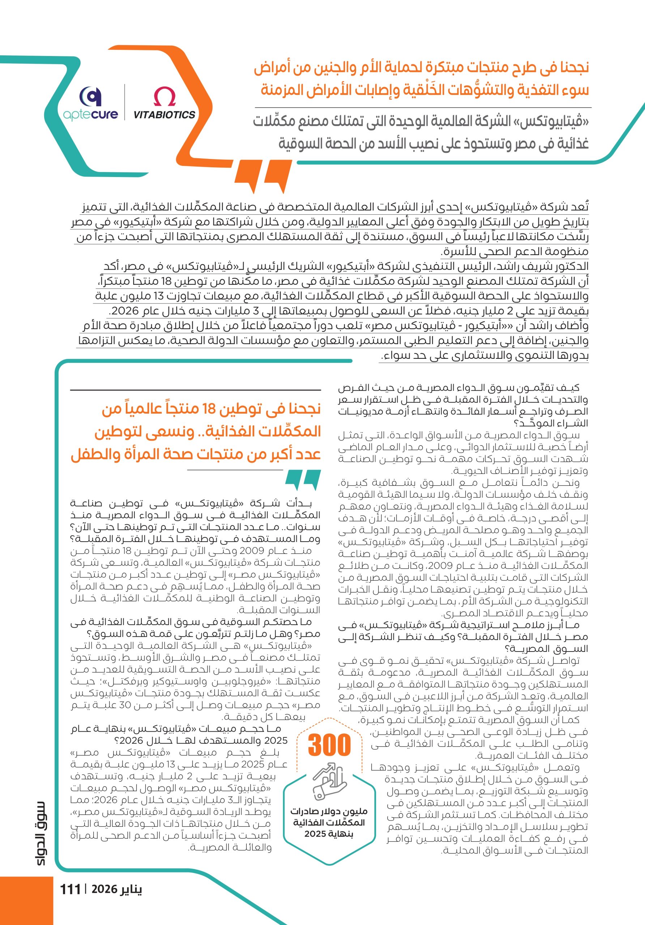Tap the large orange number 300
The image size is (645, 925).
click(329, 745)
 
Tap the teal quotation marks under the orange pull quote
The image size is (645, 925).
click(303, 480)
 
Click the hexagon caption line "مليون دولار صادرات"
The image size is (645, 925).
click(329, 812)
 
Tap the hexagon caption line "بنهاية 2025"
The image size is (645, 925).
click(329, 834)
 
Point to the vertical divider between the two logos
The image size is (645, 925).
click(125, 102)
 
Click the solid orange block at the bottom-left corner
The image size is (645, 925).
click(26, 900)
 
